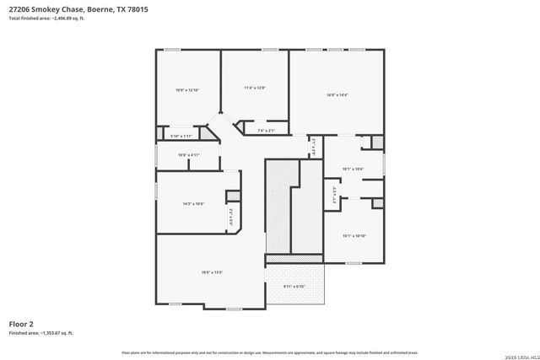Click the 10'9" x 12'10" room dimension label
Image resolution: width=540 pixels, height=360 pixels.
(186, 90)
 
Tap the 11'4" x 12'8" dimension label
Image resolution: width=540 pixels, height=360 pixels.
(255, 88)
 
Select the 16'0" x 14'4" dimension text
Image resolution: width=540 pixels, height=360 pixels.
(337, 95)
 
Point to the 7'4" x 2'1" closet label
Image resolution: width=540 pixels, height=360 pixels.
(266, 131)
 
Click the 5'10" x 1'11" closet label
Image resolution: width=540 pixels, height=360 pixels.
(181, 136)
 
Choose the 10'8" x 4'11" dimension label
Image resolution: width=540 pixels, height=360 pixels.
(188, 154)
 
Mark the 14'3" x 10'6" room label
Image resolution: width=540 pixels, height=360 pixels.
(193, 204)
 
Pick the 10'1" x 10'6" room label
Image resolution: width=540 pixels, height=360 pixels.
(353, 169)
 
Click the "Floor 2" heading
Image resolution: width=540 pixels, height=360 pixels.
(21, 324)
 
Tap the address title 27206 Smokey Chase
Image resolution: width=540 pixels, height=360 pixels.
(46, 9)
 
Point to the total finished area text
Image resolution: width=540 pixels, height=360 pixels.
(47, 18)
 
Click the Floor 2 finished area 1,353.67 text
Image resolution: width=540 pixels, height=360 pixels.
(41, 333)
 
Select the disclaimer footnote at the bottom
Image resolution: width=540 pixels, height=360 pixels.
(270, 352)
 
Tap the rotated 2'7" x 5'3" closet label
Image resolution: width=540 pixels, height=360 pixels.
(336, 197)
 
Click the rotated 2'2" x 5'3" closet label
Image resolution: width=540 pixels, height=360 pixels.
(230, 218)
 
